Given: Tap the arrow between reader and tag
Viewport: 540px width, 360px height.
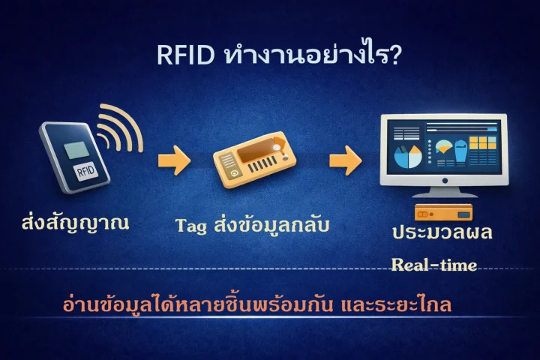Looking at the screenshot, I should (x=173, y=159).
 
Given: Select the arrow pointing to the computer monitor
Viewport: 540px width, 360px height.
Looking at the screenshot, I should (x=345, y=160).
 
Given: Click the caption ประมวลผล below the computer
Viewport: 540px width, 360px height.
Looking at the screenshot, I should (x=442, y=232).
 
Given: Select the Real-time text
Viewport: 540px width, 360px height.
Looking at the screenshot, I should (x=434, y=263).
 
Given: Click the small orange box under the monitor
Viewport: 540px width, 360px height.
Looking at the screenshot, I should (x=443, y=211).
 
